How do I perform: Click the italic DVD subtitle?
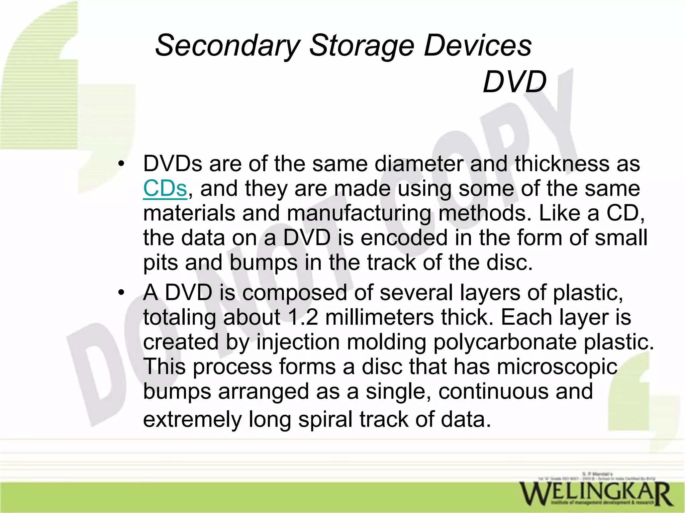click(x=514, y=82)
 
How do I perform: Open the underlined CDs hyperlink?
click(x=165, y=188)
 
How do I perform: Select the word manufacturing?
click(x=359, y=213)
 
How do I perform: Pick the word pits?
click(x=161, y=263)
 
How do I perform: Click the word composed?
click(x=294, y=293)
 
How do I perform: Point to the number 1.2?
click(x=302, y=317)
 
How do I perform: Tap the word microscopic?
click(x=557, y=367)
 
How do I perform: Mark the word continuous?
click(x=493, y=392)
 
